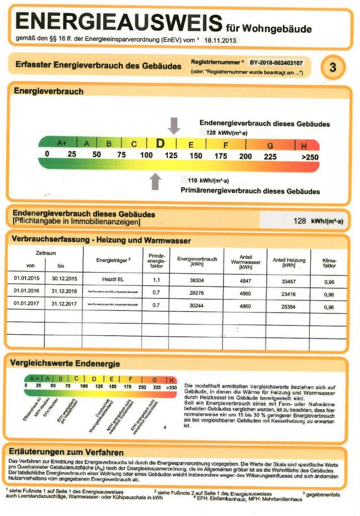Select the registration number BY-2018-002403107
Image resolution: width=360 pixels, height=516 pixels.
point(276,63)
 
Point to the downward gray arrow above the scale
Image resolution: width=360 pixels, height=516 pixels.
point(174,124)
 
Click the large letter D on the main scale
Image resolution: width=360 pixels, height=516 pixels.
point(160,144)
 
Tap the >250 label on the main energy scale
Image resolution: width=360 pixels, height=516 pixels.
point(310,157)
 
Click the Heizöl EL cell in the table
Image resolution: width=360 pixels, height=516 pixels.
point(113,278)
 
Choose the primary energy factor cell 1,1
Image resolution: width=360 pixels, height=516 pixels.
point(156,279)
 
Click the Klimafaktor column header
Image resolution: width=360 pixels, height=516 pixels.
point(329,262)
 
